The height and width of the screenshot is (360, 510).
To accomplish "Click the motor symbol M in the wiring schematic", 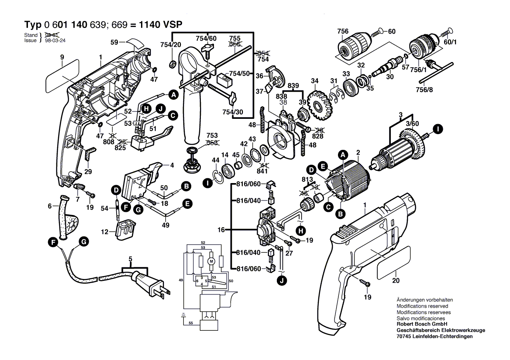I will [x=211, y=261].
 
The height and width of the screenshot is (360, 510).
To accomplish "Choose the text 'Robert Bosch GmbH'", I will [x=421, y=325].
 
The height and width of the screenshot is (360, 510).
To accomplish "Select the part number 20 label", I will [x=396, y=281].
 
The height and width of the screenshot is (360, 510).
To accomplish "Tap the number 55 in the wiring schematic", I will [x=191, y=323].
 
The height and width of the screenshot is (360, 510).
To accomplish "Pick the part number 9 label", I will [x=62, y=57].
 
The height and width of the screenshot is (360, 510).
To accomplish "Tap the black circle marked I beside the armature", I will [x=437, y=128].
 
